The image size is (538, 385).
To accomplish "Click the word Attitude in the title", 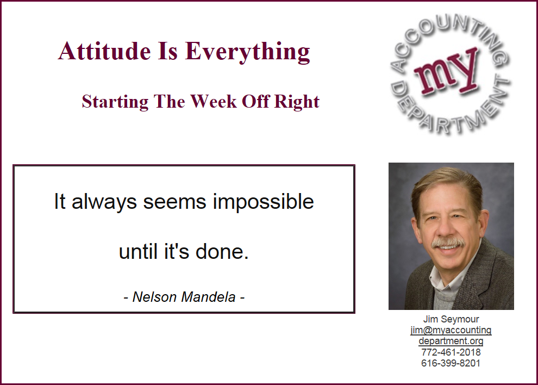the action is click(104, 51).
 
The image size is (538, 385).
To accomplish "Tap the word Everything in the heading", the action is click(247, 52).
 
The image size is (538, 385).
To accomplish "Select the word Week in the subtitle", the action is click(214, 101).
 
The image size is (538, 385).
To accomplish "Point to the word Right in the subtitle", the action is click(297, 102).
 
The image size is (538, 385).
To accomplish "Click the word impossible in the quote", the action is click(263, 202).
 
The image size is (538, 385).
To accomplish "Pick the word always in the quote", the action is click(104, 202).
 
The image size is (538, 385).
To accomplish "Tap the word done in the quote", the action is click(222, 252).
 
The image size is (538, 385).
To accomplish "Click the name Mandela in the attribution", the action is click(208, 297).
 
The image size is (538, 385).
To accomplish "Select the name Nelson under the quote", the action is click(154, 297).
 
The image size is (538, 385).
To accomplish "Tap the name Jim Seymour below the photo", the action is click(451, 319).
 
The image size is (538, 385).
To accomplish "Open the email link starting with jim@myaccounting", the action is click(451, 331).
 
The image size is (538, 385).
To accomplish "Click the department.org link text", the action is click(451, 341).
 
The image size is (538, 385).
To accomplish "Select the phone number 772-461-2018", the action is click(451, 352).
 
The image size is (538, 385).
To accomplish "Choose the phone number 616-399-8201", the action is click(451, 363).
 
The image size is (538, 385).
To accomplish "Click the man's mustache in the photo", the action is click(448, 243).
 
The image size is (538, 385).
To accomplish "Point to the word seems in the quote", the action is click(174, 202).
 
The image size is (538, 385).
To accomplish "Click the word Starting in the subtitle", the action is click(115, 102).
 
